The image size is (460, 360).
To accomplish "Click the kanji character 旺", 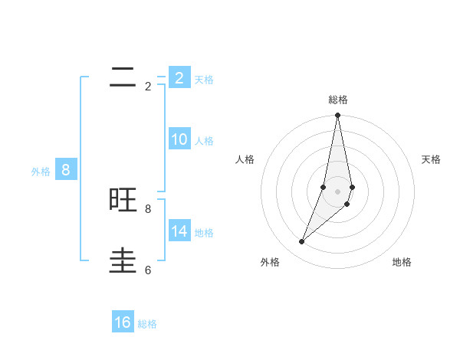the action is (123, 200).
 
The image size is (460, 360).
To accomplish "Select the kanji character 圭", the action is (123, 260).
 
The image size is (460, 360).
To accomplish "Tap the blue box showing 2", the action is (179, 78).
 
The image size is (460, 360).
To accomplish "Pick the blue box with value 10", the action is (179, 139).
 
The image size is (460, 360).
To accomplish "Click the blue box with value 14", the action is (179, 231).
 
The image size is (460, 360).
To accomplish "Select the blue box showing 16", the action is (123, 322).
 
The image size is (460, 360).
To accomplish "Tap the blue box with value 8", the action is (65, 170).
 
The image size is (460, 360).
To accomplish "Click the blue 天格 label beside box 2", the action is (204, 80).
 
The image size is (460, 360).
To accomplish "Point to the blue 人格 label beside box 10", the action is (204, 141).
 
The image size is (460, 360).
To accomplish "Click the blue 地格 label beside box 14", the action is (204, 233).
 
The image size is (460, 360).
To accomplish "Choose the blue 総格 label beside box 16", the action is (147, 324).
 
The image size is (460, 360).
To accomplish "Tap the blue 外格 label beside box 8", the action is (41, 172).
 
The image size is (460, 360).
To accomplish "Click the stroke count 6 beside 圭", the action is (148, 270).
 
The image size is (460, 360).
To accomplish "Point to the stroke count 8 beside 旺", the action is (148, 208).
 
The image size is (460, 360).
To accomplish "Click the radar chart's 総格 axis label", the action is (337, 100).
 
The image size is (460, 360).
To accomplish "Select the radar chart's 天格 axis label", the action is (431, 159).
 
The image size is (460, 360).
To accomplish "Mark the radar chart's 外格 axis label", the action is (270, 262).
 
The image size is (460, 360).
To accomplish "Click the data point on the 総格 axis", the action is (337, 116).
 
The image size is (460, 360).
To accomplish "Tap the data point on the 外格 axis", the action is (301, 242).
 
